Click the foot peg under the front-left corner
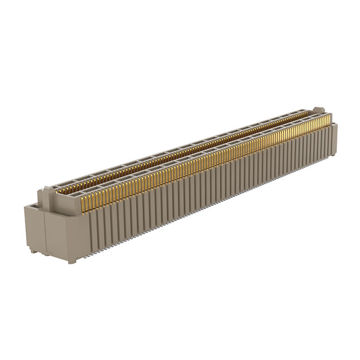click(71, 260)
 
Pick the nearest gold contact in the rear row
click(58, 190)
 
